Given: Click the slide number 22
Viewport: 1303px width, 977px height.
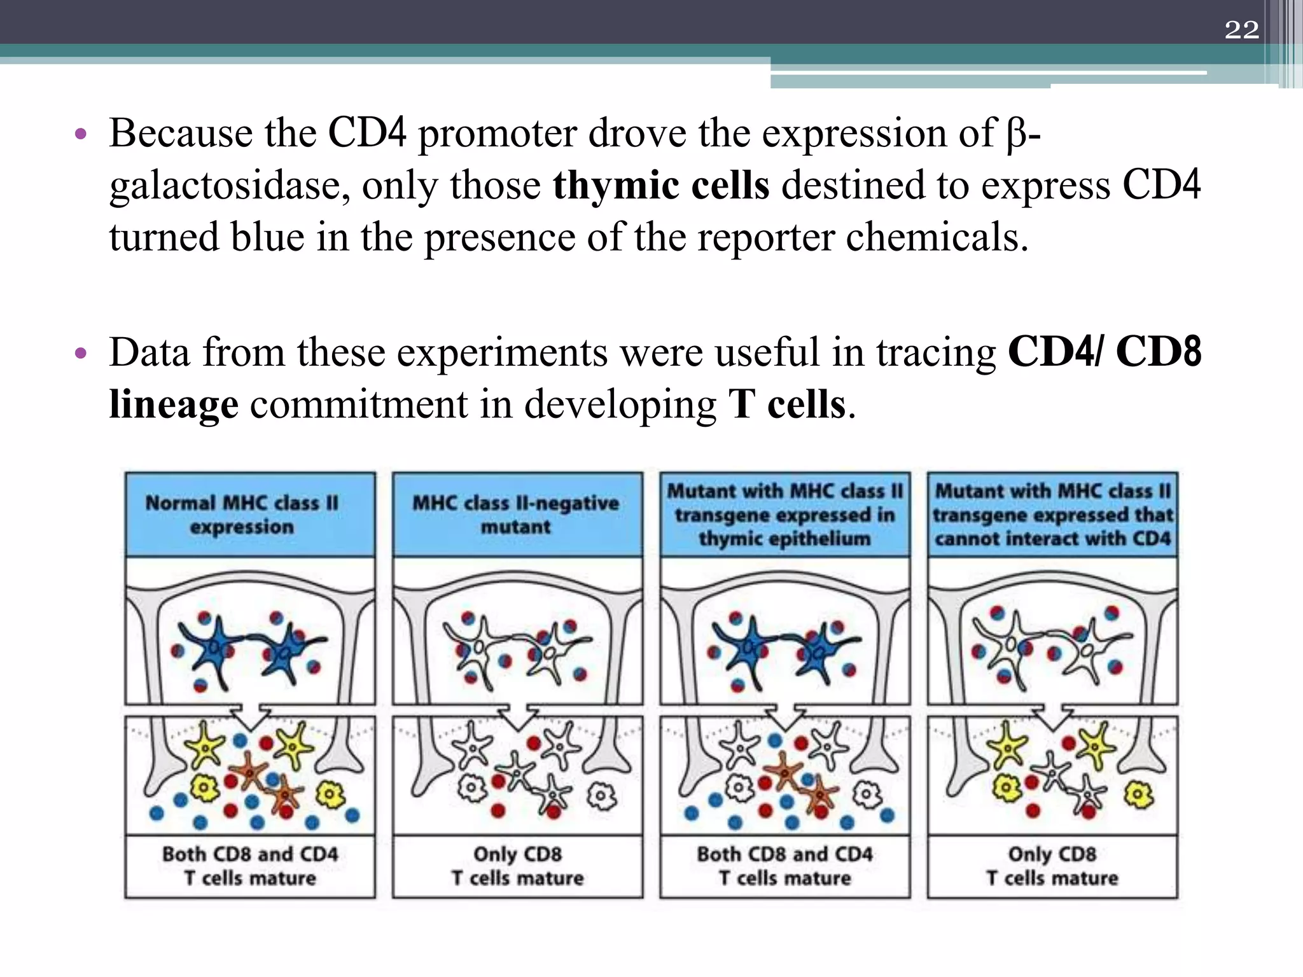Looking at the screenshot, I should (1241, 30).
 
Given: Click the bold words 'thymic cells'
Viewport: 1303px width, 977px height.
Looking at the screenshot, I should (660, 186).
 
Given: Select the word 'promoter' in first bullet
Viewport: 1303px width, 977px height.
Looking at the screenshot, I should (496, 134).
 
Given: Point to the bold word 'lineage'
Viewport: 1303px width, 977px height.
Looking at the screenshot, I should (174, 405).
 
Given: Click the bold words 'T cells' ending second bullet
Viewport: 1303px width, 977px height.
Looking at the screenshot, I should (787, 405).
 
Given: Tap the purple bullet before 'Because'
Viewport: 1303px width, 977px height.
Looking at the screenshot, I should (80, 134).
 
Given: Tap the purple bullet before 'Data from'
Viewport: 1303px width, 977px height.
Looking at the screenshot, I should (80, 354).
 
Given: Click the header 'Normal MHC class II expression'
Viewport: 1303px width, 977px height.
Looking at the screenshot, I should (242, 515).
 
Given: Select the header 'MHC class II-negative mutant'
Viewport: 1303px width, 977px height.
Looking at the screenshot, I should (516, 515).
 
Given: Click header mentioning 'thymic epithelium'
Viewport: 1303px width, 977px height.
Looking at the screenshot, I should (784, 515).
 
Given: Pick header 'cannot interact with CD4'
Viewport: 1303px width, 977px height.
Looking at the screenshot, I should (1052, 515).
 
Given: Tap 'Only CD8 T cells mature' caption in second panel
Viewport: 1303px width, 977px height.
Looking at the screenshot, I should (517, 866).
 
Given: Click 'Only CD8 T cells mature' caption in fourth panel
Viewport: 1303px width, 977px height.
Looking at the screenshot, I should (1052, 866).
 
